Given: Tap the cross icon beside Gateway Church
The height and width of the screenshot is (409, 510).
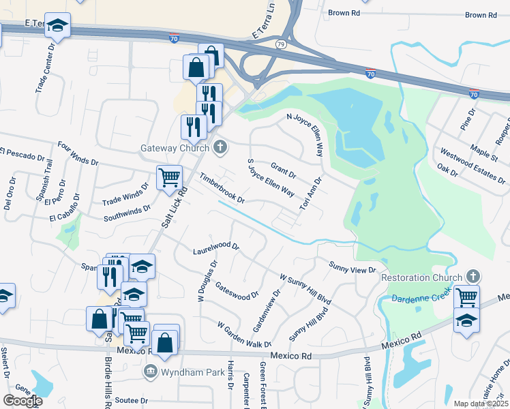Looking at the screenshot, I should click(x=220, y=147).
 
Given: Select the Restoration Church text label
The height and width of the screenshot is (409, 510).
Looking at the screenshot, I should click(x=421, y=277).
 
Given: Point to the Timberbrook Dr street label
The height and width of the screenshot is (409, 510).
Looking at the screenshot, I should click(x=222, y=188).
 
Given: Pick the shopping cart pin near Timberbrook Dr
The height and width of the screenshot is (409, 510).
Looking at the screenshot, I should click(x=169, y=178).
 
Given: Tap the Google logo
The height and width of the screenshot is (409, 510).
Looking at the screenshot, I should click(x=22, y=400).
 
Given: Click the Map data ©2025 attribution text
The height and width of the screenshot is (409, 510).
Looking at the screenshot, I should click(x=481, y=404).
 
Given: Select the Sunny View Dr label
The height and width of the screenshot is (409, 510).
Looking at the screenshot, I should click(x=352, y=267).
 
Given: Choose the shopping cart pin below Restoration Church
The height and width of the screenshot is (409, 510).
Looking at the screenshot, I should click(x=466, y=297).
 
